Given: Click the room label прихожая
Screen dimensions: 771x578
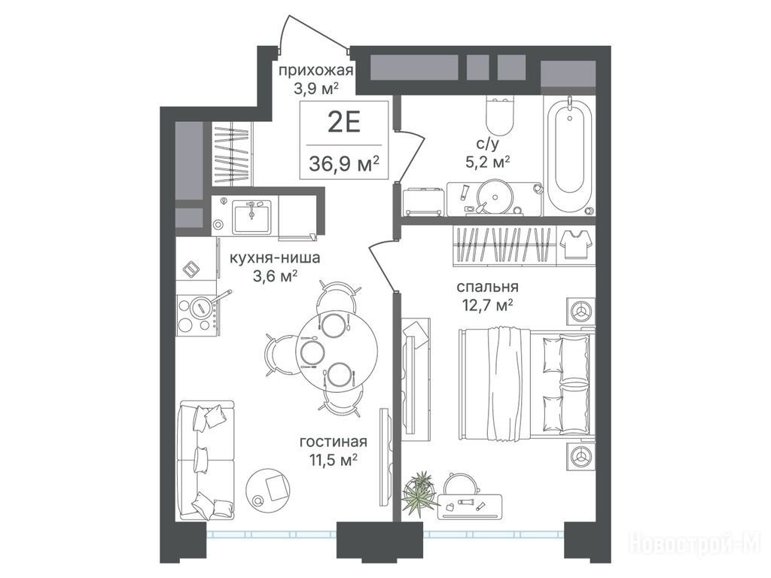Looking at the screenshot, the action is pos(316,71).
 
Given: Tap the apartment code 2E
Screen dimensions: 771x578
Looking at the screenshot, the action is pos(344,123).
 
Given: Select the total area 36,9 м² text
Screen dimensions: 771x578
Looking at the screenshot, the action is pos(344,163).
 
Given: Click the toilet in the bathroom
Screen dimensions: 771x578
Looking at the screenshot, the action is pos(500,114).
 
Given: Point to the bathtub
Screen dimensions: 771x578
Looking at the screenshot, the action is pos(569,155).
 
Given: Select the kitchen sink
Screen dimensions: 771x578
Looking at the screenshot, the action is pos(251,218).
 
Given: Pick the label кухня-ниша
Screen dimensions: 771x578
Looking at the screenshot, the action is pos(276,257).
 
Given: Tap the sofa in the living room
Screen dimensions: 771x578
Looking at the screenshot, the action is pos(206,460).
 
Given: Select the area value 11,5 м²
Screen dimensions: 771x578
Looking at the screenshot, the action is pos(333,461).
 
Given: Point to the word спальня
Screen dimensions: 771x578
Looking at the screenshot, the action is pos(487,287).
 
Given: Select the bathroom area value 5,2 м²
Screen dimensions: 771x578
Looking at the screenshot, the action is pos(487,163).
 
